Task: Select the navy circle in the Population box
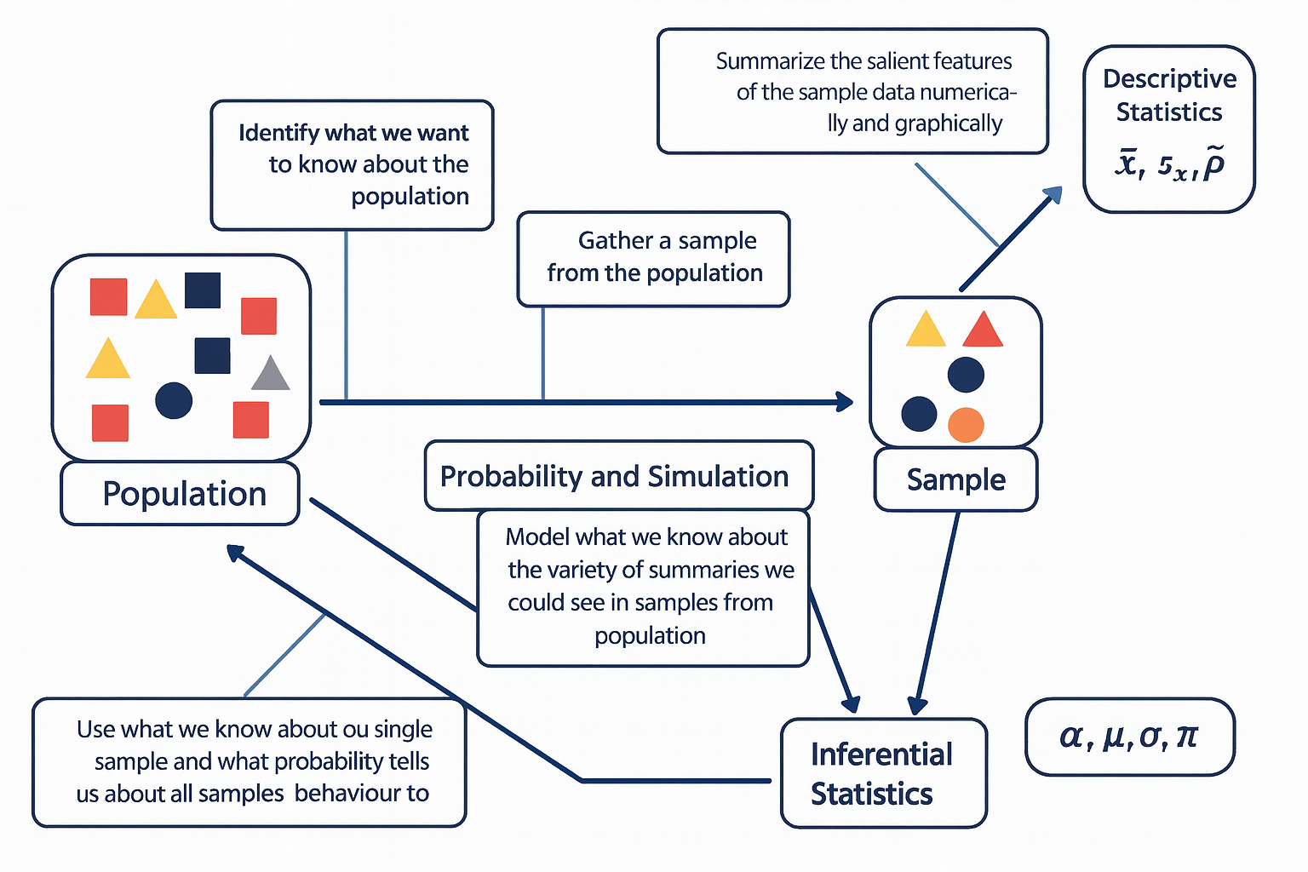pos(174,400)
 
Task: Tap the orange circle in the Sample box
pos(966,425)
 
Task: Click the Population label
pos(184,494)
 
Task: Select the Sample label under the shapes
pos(955,479)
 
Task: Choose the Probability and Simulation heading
pos(614,476)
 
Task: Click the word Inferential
pos(881,754)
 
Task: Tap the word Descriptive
pos(1169,78)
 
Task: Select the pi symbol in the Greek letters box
pos(1186,736)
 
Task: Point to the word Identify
pos(278,133)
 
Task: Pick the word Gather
pos(616,241)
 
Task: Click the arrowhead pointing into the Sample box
pos(844,402)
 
